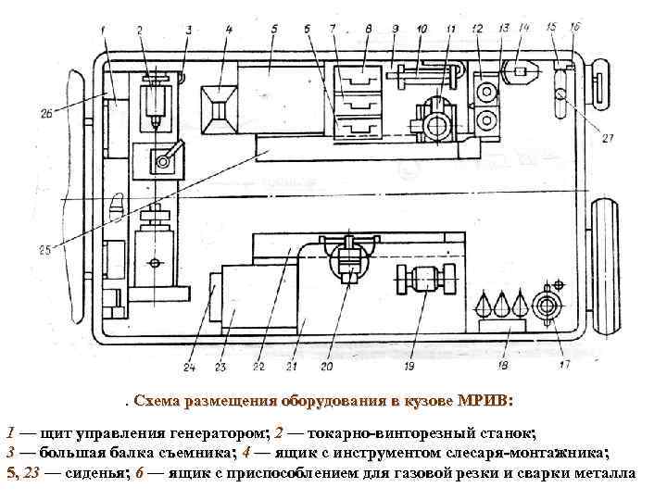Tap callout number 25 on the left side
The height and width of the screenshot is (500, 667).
click(44, 248)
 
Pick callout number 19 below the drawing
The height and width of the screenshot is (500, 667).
click(409, 367)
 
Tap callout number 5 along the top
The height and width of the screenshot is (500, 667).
click(274, 30)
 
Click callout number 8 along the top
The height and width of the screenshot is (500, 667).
click(369, 30)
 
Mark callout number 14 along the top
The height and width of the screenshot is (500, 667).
click(524, 29)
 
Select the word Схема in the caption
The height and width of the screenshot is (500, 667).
click(157, 401)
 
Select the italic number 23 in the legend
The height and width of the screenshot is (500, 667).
click(30, 473)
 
